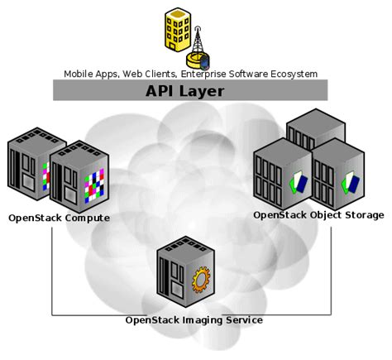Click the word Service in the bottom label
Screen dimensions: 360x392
tap(243, 319)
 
